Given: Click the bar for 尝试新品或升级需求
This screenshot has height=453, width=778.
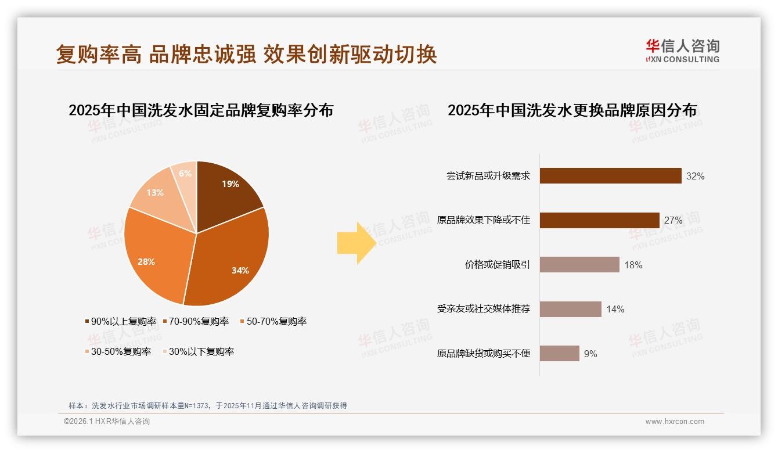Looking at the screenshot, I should [610, 175].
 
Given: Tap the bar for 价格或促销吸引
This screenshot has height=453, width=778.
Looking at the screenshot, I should [579, 265].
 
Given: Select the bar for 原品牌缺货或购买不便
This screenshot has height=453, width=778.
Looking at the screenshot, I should [559, 354].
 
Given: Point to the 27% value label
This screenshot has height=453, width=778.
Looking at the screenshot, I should [673, 221].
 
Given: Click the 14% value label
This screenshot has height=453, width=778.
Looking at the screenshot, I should [615, 310].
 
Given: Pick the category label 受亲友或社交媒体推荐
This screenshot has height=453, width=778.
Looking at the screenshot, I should [484, 309].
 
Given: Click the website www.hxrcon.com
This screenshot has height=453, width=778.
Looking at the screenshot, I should [675, 422].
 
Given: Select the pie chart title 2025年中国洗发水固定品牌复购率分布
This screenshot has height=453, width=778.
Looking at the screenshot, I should [201, 110].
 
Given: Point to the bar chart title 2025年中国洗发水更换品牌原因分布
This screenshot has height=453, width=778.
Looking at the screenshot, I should [572, 110].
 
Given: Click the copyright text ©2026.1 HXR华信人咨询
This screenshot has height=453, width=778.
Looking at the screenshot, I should [107, 422].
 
